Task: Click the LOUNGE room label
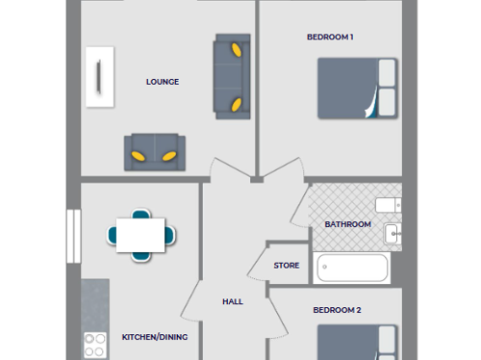pyautogui.click(x=163, y=82)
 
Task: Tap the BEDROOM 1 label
pyautogui.click(x=330, y=38)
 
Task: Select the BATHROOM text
pyautogui.click(x=347, y=224)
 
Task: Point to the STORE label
pyautogui.click(x=287, y=266)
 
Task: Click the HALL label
pyautogui.click(x=233, y=301)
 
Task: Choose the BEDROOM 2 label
pyautogui.click(x=337, y=310)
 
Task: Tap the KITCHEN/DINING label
pyautogui.click(x=154, y=337)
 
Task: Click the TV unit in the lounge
pyautogui.click(x=99, y=76)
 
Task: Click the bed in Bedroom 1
pyautogui.click(x=356, y=88)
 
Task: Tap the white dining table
pyautogui.click(x=141, y=234)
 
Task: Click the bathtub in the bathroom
pyautogui.click(x=351, y=269)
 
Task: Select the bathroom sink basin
pyautogui.click(x=392, y=233)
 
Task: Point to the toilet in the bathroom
pyautogui.click(x=389, y=205)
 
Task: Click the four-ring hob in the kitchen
pyautogui.click(x=95, y=345)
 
